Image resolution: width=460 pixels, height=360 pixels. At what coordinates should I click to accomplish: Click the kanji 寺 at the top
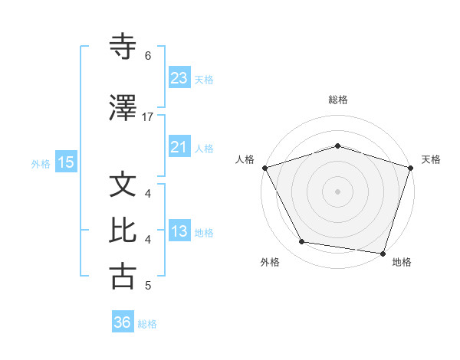[123, 47]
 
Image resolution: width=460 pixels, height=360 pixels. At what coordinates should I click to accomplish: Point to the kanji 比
[123, 231]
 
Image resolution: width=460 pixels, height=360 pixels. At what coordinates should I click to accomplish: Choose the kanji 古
[123, 276]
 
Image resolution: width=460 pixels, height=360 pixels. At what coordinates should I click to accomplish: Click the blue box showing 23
[179, 78]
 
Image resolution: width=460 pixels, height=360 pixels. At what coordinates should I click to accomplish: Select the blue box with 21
[179, 148]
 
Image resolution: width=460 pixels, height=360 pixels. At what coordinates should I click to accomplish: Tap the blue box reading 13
[179, 232]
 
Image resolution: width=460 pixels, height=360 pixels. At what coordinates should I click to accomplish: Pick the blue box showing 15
[66, 162]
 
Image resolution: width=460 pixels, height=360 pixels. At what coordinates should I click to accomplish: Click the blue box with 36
[123, 323]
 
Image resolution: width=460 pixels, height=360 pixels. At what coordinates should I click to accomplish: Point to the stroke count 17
[148, 117]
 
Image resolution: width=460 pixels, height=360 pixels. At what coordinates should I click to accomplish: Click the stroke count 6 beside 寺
[148, 55]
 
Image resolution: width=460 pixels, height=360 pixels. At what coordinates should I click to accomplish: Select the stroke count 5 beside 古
[148, 286]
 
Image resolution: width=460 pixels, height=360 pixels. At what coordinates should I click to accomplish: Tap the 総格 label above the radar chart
[337, 100]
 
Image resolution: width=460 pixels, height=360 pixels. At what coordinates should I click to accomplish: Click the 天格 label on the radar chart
[431, 159]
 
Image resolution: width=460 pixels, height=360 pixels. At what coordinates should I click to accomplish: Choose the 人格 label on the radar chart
[245, 159]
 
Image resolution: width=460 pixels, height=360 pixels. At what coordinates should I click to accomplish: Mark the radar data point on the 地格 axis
[383, 253]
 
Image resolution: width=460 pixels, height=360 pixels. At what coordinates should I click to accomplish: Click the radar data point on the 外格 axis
[302, 242]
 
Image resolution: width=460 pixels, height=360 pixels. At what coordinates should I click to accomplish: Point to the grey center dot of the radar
[337, 191]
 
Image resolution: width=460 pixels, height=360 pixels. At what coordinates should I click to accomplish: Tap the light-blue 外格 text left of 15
[40, 163]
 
